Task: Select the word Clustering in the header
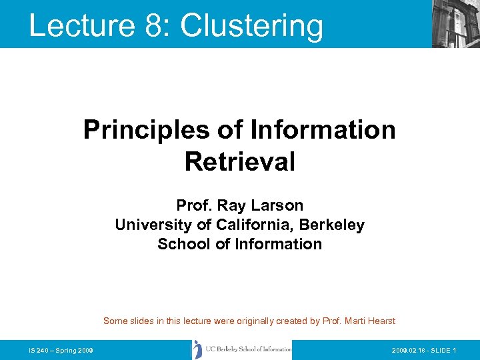251,25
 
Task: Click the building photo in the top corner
455,24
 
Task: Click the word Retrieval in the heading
239,161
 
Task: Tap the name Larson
280,205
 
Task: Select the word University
151,225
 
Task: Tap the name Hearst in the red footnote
380,321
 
